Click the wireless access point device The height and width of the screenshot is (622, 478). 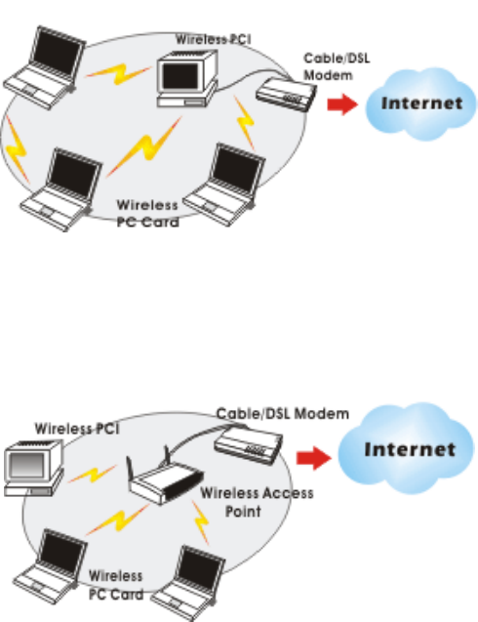(165, 478)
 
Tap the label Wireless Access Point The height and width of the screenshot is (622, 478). (257, 502)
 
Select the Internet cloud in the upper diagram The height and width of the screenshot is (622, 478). (420, 104)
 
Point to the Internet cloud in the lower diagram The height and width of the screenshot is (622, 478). (406, 448)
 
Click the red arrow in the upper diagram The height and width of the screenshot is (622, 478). (342, 104)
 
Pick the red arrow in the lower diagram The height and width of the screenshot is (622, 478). (313, 458)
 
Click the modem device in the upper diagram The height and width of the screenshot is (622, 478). (286, 95)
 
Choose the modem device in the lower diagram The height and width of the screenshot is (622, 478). (248, 444)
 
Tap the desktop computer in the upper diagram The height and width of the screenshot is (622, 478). (187, 78)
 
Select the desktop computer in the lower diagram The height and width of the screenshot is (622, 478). (34, 468)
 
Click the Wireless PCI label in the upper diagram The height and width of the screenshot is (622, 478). (214, 39)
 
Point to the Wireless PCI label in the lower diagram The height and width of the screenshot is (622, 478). (77, 429)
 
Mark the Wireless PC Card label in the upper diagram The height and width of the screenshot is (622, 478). (147, 214)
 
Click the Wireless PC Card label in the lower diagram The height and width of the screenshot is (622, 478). (116, 585)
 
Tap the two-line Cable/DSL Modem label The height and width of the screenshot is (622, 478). (337, 66)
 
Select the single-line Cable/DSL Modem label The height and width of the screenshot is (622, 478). (283, 414)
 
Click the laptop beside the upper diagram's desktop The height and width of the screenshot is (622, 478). (45, 67)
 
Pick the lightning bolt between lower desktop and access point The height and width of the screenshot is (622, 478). (93, 475)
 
